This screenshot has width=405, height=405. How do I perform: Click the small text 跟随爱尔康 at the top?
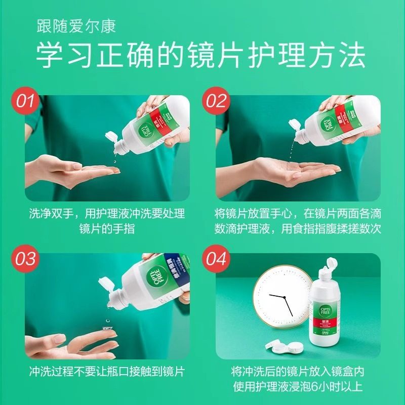(76, 25)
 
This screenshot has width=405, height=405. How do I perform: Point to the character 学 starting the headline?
(49, 56)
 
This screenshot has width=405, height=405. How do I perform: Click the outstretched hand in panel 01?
(71, 170)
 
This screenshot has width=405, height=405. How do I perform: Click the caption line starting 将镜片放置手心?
(298, 213)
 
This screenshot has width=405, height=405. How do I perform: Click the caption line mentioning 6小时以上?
(298, 387)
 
